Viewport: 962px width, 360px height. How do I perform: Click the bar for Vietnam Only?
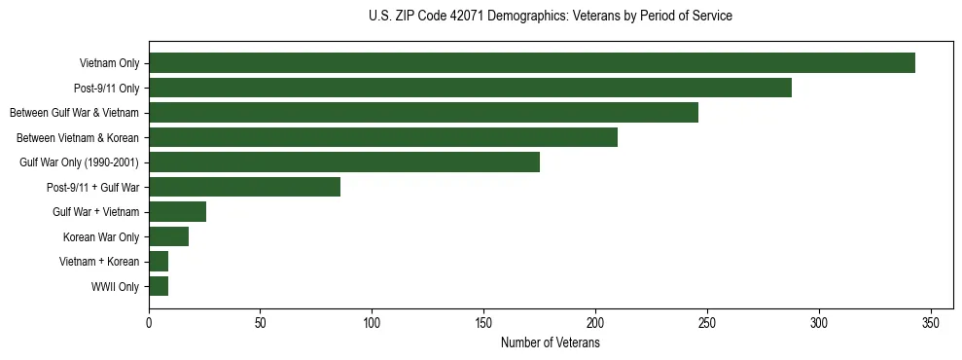tap(532, 63)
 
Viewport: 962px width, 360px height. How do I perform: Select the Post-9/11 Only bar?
tap(470, 88)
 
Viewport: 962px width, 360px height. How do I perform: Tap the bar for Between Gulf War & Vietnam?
tap(423, 113)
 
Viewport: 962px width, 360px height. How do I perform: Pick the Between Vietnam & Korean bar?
tap(383, 137)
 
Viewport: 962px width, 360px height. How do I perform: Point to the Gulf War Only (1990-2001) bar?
tap(344, 162)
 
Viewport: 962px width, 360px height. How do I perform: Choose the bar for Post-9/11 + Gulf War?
tap(244, 187)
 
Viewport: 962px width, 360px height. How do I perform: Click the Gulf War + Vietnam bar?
tap(177, 212)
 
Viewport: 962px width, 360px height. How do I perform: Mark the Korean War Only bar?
tap(168, 236)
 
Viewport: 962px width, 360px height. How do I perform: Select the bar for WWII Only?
tap(159, 286)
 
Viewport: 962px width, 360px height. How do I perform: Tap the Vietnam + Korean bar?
tap(159, 262)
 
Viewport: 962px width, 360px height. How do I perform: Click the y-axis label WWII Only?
tap(115, 287)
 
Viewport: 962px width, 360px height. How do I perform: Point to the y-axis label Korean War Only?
tap(101, 237)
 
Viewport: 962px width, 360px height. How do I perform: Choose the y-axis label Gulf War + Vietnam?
tap(96, 212)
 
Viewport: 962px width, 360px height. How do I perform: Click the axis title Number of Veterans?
tap(550, 343)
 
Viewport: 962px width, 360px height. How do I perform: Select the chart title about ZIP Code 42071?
tap(550, 17)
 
